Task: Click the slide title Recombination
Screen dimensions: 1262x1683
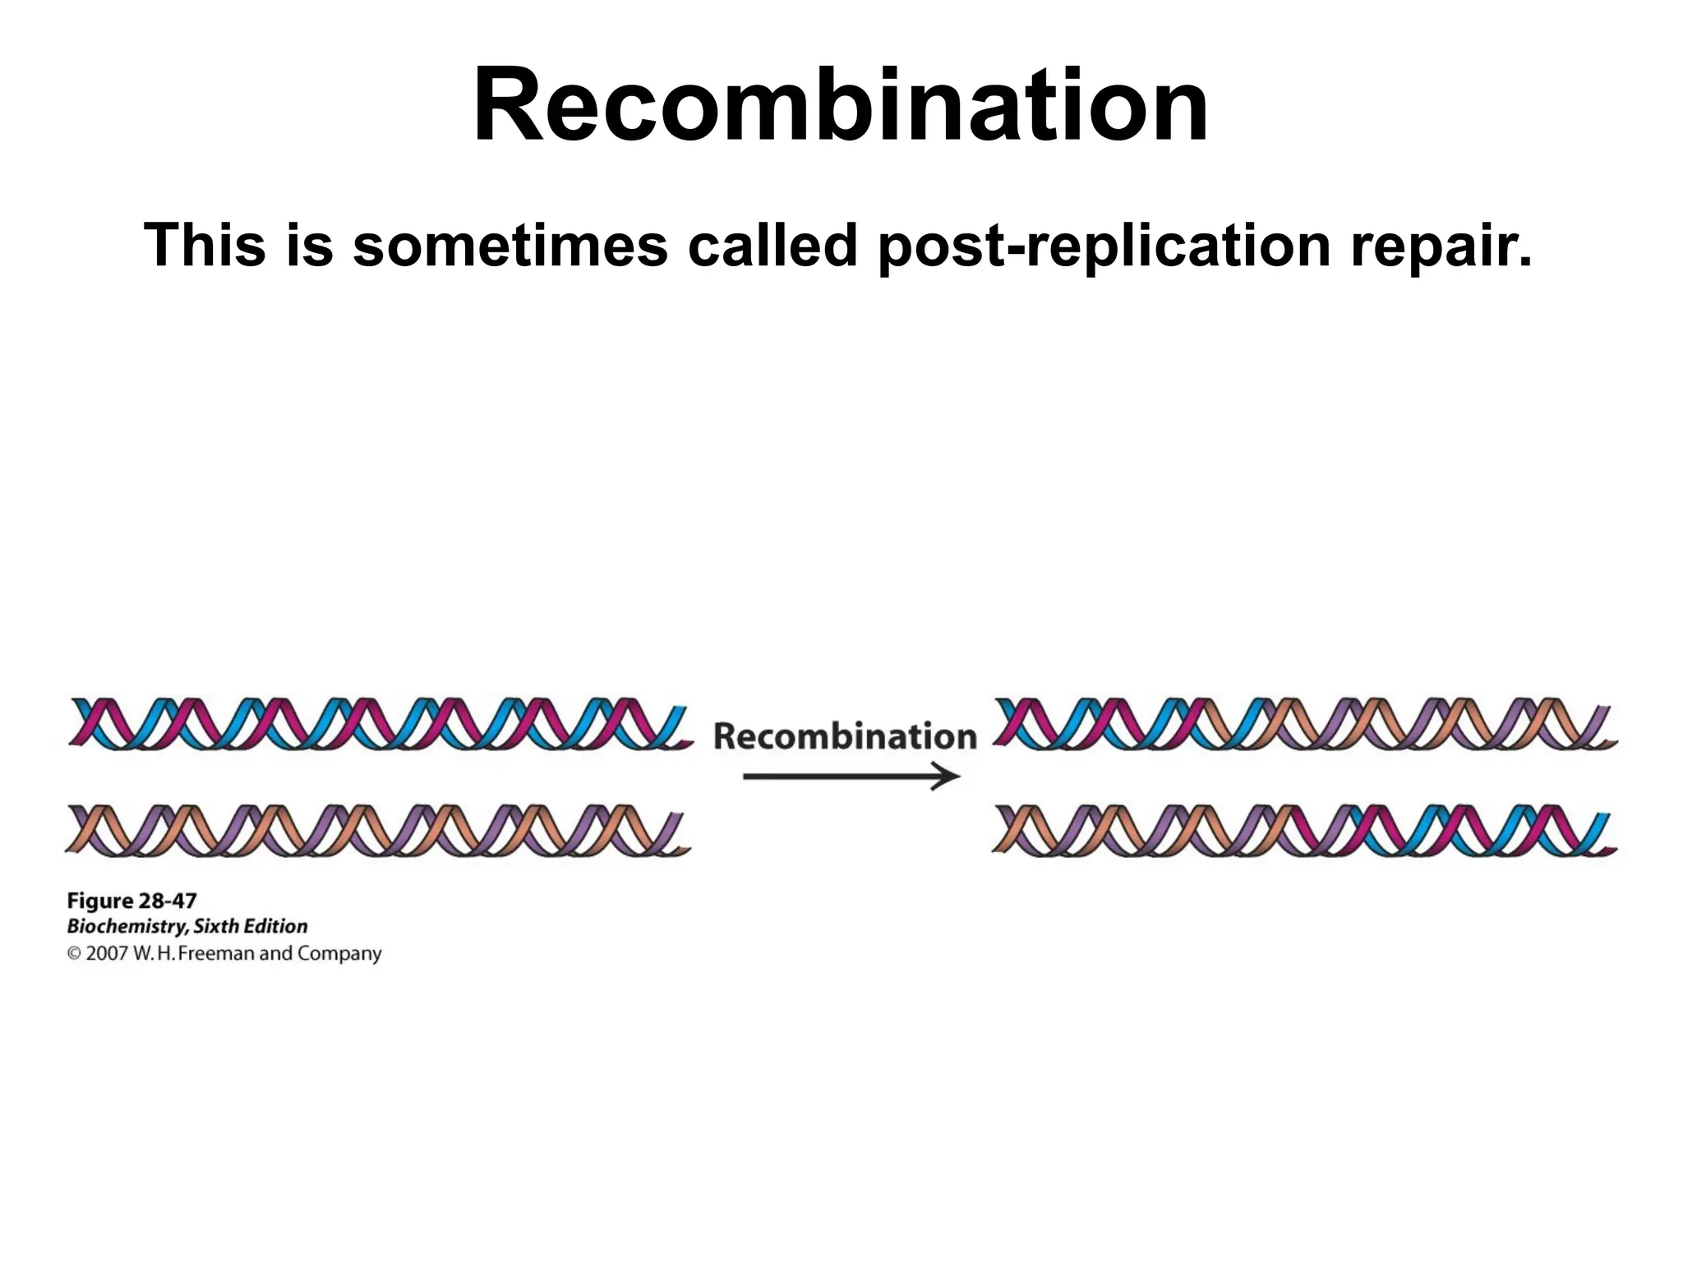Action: coord(841,106)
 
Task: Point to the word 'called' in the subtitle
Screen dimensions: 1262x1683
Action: coord(772,246)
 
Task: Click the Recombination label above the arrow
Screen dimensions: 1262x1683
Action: coord(845,736)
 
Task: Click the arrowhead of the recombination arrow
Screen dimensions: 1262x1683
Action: coord(949,776)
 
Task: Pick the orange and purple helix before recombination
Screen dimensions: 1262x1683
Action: coord(378,831)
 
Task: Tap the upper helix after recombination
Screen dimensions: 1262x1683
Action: coord(1305,724)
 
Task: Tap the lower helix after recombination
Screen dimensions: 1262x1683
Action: coord(1305,831)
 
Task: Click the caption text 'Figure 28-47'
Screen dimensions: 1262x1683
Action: coord(131,900)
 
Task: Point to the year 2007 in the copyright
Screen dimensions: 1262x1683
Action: coord(107,954)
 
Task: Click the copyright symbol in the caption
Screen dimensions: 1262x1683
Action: coord(74,954)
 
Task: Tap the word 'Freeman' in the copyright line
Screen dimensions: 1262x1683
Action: coord(216,954)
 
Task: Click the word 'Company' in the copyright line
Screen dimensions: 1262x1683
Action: coord(339,954)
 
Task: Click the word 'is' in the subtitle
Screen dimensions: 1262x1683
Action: coord(310,246)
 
